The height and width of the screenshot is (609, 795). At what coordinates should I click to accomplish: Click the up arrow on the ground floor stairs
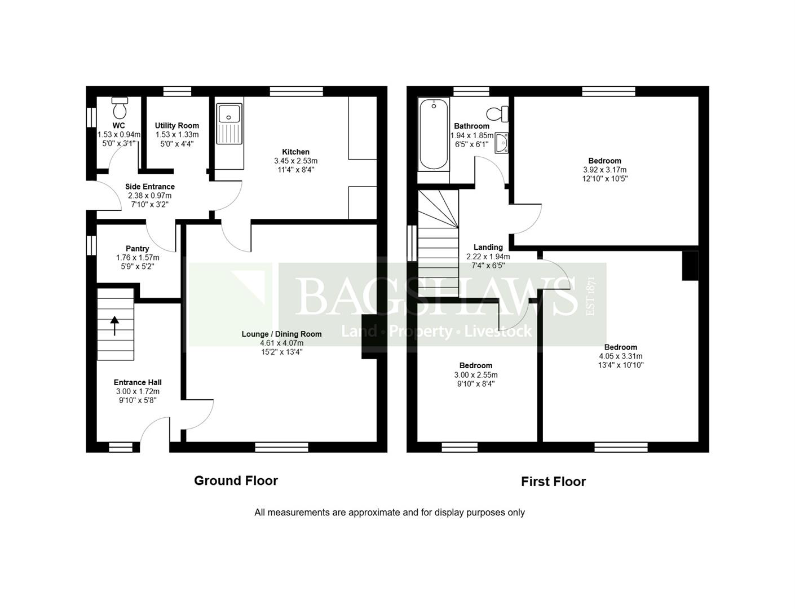[115, 325]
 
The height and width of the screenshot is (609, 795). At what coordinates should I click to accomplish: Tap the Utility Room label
[177, 126]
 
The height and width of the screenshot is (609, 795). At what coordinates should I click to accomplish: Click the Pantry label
[138, 249]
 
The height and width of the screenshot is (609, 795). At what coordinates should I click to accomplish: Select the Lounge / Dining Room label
[281, 334]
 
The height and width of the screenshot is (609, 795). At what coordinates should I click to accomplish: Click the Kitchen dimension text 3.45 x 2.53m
[295, 161]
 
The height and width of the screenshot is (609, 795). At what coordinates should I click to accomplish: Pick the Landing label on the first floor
[488, 247]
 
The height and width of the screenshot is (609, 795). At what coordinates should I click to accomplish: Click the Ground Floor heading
[236, 480]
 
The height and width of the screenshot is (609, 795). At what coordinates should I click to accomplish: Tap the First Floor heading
[553, 482]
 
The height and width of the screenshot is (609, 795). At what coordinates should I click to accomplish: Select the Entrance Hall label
[138, 382]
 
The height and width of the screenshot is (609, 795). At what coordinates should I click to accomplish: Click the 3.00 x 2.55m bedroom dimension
[475, 375]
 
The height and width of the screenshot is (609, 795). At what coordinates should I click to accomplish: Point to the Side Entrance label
[149, 187]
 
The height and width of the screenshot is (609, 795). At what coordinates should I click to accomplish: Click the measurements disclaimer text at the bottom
[389, 513]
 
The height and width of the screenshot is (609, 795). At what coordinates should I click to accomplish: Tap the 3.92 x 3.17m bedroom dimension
[604, 170]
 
